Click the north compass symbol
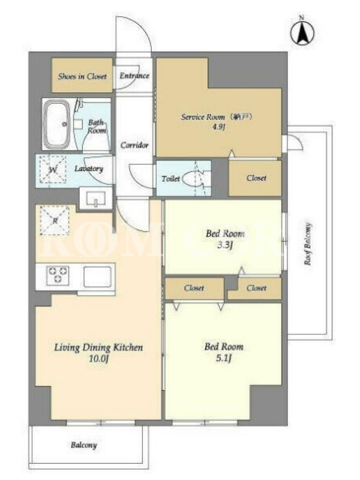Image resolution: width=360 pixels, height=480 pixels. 302,32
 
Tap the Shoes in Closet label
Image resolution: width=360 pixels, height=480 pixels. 82,76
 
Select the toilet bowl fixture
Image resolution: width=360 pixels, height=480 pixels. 193,178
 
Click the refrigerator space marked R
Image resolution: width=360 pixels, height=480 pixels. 55,220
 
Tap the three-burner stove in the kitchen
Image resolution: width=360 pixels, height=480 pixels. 58,275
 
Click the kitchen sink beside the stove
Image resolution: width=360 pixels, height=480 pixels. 97,277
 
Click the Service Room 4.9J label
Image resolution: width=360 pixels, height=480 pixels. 216,121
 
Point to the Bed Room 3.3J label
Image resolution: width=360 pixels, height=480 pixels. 225,239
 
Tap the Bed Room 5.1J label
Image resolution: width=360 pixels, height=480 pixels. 224,352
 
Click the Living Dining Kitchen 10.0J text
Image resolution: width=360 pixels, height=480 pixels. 98,353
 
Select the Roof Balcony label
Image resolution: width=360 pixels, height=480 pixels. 308,244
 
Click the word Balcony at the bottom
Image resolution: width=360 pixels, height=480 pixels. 83,445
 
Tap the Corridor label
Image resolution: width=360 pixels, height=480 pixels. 134,145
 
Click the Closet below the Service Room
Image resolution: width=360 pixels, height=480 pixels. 255,178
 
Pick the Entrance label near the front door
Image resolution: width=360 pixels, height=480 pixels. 134,76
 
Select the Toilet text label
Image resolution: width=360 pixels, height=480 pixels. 170,178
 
